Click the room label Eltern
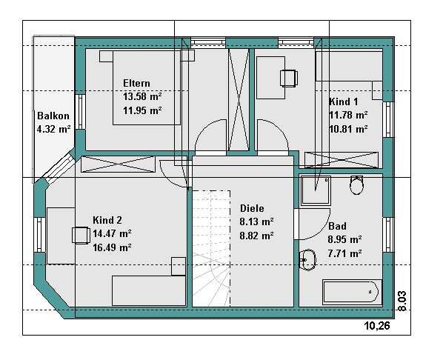pos(136,83)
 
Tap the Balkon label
pos(53,116)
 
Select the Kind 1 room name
pos(343,101)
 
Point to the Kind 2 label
pos(107,220)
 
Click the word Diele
pos(252,208)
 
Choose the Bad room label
pos(337,226)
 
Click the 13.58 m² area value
pos(142,96)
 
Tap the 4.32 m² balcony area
pos(53,130)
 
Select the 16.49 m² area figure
pos(112,247)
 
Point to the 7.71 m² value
pos(344,253)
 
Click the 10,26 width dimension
pos(377,326)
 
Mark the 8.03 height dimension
pos(402,301)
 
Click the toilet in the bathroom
pos(356,185)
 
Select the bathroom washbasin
pos(307,260)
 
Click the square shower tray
pos(316,190)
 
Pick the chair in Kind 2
pos(81,235)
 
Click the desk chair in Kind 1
pos(288,78)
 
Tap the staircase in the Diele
pos(211,248)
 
